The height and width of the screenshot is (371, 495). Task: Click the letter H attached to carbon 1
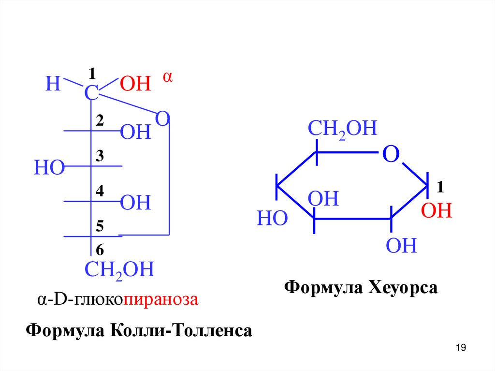point(52,84)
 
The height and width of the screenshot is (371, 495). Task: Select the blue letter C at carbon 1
point(91,94)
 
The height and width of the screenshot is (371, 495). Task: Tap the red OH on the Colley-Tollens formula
point(135,84)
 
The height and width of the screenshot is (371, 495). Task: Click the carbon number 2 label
point(100,121)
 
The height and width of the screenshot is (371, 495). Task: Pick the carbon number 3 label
point(100,156)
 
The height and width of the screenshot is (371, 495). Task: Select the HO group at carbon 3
point(49,168)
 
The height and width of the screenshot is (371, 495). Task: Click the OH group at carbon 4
point(135,203)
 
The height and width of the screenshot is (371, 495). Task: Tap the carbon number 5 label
point(100,226)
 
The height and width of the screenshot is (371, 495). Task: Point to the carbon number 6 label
point(100,250)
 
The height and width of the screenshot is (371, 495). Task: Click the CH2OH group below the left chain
point(119,269)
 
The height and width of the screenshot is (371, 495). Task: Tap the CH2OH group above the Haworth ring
point(342,129)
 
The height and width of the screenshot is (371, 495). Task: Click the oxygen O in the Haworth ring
point(391,155)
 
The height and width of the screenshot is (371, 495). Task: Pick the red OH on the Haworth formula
point(436,211)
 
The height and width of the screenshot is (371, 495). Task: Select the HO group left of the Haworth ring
point(272,219)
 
